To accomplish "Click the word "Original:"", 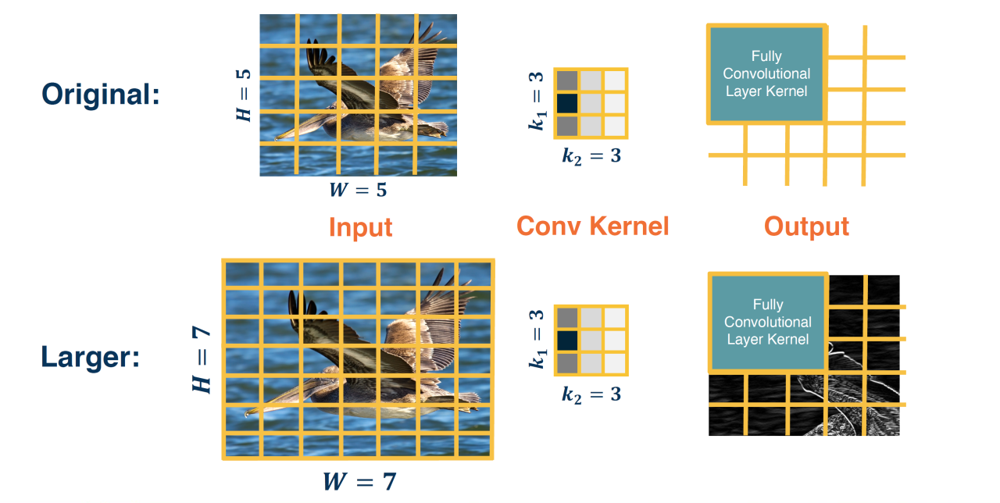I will point(101,95).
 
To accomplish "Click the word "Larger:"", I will point(91,359).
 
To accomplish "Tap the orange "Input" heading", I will point(360,227).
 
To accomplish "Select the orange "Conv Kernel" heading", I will point(592,227).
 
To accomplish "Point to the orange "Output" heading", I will point(806,227).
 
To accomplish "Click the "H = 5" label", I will point(244,95).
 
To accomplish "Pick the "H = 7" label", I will point(203,359).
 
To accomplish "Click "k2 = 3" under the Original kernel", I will point(591,155).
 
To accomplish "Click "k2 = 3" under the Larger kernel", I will point(591,394).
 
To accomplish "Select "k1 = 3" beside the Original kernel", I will point(537,99).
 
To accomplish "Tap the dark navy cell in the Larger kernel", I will point(567,341).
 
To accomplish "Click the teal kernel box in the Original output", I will point(766,74).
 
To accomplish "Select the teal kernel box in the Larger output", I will point(767,323).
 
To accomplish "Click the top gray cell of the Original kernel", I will point(567,80).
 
